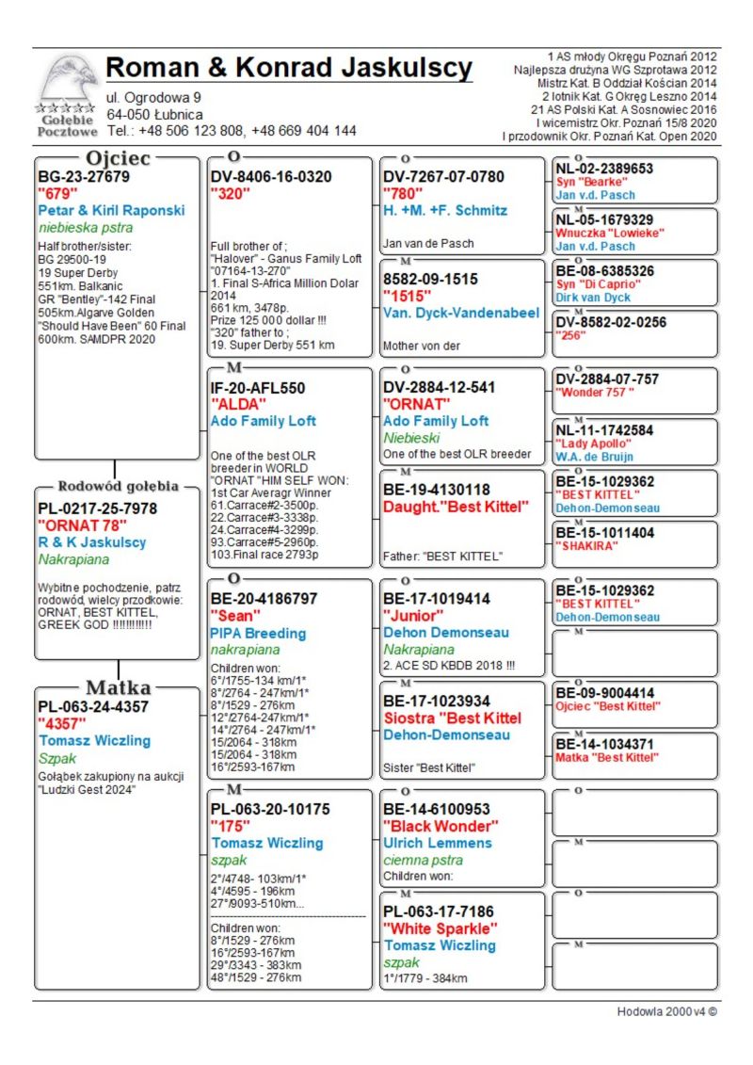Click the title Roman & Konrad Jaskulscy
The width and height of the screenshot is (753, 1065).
(x=289, y=69)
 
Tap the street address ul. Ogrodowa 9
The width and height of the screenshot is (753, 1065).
(x=153, y=98)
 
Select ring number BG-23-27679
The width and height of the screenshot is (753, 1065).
(x=84, y=176)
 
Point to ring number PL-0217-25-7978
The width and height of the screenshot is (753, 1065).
(x=98, y=508)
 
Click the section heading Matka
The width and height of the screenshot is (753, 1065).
(x=118, y=686)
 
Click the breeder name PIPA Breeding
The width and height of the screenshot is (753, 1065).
(x=258, y=633)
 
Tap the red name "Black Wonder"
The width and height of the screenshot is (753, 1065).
(x=441, y=826)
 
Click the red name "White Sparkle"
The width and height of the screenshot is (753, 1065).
(x=440, y=928)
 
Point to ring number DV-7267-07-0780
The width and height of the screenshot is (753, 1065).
(x=444, y=176)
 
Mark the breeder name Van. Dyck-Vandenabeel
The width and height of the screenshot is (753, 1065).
(x=461, y=313)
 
